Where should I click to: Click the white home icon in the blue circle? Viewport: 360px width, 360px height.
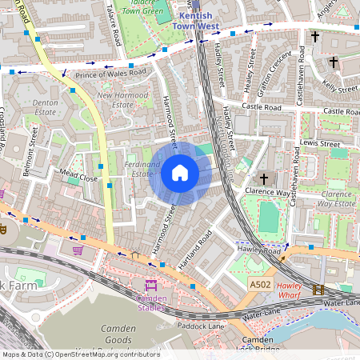point(180,173)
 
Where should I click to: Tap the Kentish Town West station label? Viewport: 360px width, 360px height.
point(197,21)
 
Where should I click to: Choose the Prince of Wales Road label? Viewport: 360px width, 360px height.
point(111,74)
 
